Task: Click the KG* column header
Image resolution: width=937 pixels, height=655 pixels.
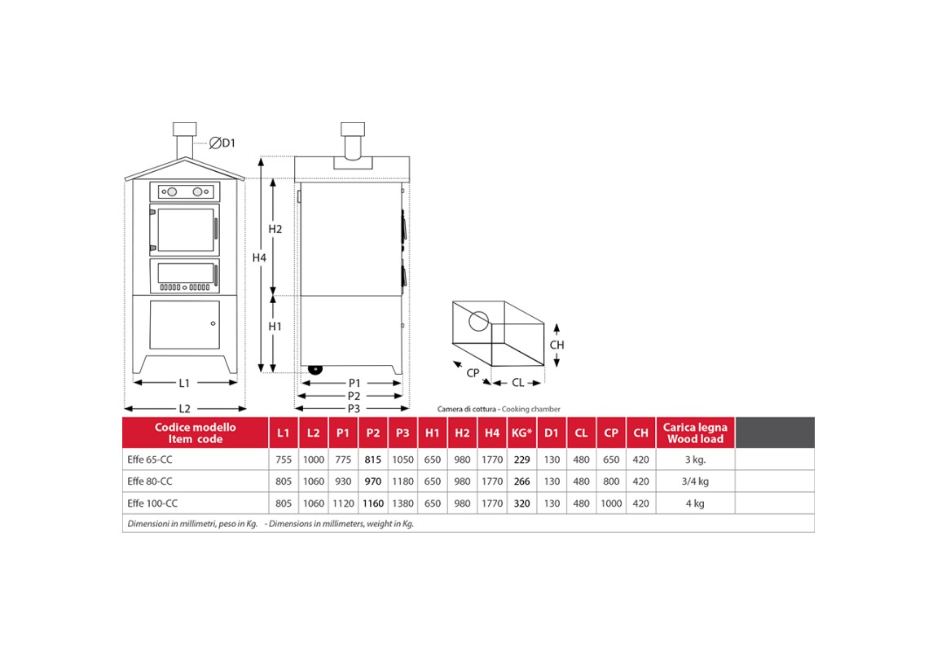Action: click(521, 433)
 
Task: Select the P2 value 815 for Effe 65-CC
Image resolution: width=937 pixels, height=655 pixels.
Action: click(372, 459)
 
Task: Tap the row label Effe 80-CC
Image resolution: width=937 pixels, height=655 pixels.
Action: click(149, 481)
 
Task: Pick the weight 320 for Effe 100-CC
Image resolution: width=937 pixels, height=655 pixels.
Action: click(521, 503)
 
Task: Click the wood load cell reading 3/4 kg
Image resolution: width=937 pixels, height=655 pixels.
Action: click(695, 481)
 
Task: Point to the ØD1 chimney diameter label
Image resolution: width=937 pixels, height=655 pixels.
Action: click(222, 143)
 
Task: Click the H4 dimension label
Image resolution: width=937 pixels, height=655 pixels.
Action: click(259, 257)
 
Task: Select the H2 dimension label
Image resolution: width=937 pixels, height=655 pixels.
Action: click(275, 229)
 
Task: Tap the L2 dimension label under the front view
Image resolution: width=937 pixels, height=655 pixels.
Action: click(184, 409)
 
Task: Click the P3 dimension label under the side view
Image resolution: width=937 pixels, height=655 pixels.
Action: click(354, 409)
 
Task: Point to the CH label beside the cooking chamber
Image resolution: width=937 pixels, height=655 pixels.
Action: click(557, 345)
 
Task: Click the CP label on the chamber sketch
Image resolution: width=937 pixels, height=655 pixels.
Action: click(473, 373)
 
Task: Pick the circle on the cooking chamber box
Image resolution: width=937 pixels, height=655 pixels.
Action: click(478, 322)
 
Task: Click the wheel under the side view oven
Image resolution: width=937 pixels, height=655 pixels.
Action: click(315, 369)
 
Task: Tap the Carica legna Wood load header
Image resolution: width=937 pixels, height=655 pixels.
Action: click(695, 433)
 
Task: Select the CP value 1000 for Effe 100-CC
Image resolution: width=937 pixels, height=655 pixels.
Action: click(611, 503)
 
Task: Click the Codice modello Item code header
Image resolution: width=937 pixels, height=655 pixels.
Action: click(196, 433)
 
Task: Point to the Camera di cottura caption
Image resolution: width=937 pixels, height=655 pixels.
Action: click(466, 409)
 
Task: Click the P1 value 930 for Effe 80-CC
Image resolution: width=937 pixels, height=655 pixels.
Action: click(343, 481)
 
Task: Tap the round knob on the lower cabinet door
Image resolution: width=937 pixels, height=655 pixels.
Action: click(213, 324)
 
